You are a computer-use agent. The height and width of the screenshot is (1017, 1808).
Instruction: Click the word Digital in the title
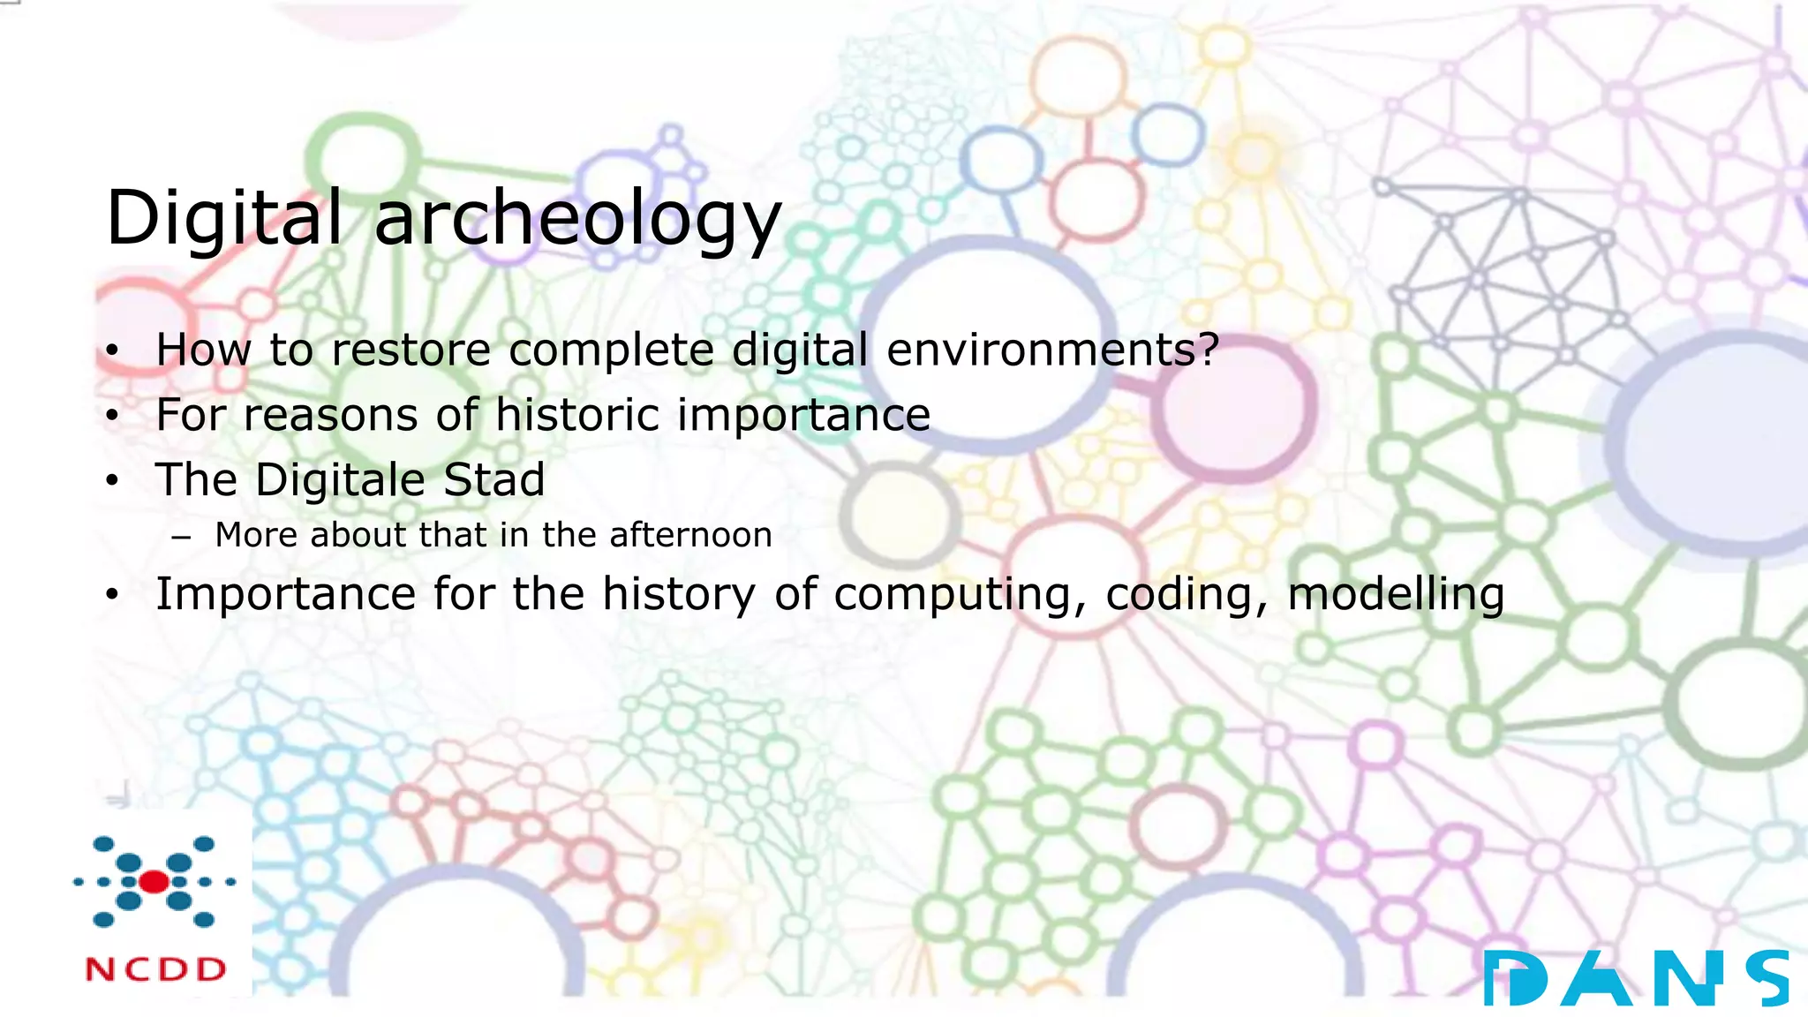(x=223, y=217)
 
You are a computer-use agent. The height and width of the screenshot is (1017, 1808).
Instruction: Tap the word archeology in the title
(x=578, y=219)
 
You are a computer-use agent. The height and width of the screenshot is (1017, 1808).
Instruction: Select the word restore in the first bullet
(x=411, y=350)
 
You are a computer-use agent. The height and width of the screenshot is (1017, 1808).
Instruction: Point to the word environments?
(x=1052, y=350)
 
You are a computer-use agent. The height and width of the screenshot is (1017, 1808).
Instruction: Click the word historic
(x=577, y=415)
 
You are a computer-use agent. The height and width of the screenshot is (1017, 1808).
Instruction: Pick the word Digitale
(x=340, y=480)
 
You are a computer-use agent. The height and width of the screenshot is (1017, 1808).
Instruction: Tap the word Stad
(x=493, y=480)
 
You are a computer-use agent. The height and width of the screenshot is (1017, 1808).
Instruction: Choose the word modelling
(x=1396, y=594)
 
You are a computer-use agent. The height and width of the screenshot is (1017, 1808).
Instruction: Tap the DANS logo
(x=1636, y=978)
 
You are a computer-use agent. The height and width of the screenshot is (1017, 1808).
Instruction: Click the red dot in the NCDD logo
(x=154, y=881)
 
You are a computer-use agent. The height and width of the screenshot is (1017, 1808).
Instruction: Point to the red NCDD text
(x=156, y=969)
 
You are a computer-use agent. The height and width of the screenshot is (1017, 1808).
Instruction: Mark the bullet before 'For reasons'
(x=111, y=417)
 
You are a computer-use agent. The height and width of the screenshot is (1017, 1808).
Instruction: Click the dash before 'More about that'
(x=182, y=536)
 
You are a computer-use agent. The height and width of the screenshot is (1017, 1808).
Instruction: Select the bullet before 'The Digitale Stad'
(x=111, y=482)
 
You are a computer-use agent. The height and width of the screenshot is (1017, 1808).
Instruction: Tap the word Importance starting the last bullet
(x=283, y=594)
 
